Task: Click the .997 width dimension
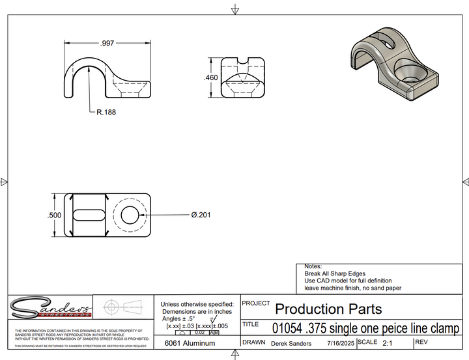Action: click(x=107, y=43)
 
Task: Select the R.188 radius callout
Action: click(x=106, y=112)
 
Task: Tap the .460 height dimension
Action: click(x=210, y=77)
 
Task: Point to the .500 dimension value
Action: click(x=55, y=215)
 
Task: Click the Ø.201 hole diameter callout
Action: click(x=203, y=215)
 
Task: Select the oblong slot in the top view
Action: click(x=88, y=214)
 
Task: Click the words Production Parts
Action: click(x=328, y=309)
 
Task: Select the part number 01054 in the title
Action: click(x=285, y=327)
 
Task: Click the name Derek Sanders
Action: click(x=291, y=343)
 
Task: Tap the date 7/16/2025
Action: click(x=341, y=343)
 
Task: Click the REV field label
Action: click(x=421, y=342)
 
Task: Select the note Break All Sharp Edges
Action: click(x=335, y=274)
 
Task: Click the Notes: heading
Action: click(x=313, y=267)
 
